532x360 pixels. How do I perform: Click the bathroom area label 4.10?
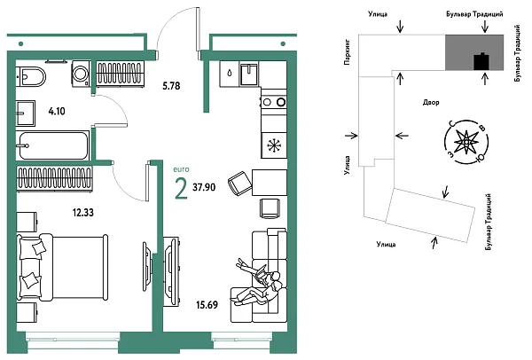coord(57,111)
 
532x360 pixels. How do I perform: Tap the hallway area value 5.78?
coord(171,86)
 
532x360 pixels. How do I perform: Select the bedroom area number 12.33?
coord(82,213)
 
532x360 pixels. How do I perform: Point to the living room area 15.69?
coord(207,305)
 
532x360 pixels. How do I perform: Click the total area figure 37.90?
coord(204,187)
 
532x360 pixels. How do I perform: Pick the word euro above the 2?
coord(181,169)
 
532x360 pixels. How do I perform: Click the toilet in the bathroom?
coord(31,77)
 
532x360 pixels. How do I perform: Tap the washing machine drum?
coord(81,73)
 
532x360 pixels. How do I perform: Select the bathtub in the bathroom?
coord(52,145)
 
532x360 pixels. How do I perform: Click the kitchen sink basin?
coord(249,74)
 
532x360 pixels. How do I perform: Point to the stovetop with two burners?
coord(273,101)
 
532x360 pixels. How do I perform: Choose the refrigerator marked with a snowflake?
coord(274,145)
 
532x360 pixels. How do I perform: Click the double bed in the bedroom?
coord(63,268)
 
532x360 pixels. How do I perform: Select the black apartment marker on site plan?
coord(481,61)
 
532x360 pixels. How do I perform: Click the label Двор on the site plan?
coord(431,102)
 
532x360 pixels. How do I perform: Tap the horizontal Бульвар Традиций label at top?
coord(474,14)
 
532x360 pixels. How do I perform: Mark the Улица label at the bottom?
coord(386,244)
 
